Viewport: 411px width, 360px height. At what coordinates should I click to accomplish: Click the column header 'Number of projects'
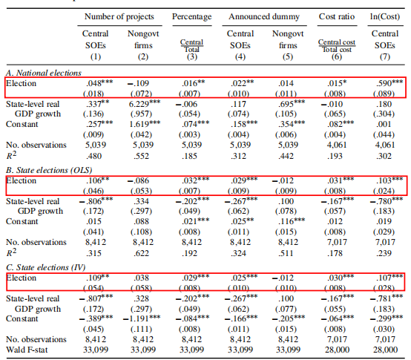[x=119, y=17]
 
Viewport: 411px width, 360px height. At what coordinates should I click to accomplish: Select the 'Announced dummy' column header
[x=264, y=17]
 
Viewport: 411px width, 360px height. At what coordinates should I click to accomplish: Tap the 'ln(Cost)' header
[x=385, y=17]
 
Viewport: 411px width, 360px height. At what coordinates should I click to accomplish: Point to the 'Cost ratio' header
[x=337, y=17]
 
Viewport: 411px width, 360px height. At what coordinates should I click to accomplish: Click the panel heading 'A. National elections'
[x=44, y=73]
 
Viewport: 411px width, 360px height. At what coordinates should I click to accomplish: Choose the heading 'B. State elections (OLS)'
[x=49, y=170]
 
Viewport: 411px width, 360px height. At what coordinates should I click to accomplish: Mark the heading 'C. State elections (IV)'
[x=45, y=267]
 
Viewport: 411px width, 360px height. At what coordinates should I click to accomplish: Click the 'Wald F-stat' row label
[x=27, y=350]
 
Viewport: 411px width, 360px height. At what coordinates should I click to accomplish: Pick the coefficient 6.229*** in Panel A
[x=144, y=104]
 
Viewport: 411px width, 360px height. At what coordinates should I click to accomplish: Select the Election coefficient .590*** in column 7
[x=389, y=83]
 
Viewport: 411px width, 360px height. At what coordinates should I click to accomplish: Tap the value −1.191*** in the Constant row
[x=142, y=318]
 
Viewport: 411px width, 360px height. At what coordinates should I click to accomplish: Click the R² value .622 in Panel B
[x=142, y=253]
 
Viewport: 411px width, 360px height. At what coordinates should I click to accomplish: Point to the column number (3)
[x=192, y=56]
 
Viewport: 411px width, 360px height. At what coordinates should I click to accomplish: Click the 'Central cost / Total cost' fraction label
[x=337, y=45]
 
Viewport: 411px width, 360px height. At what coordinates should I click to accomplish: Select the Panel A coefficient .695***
[x=292, y=104]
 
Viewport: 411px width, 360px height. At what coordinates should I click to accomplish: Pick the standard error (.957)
[x=141, y=114]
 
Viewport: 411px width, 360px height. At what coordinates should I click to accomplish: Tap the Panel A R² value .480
[x=93, y=156]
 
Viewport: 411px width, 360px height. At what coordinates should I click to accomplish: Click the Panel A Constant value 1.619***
[x=145, y=124]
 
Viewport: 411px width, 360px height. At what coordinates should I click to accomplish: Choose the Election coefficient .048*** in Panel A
[x=99, y=83]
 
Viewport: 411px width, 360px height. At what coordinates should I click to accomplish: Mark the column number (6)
[x=337, y=56]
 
